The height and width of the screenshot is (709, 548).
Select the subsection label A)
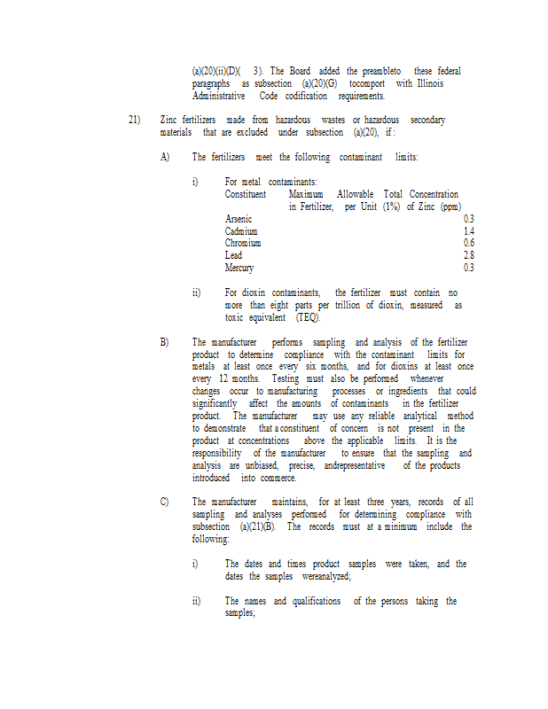point(165,157)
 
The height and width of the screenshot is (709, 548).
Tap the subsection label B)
point(165,342)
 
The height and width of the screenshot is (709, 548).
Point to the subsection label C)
point(165,503)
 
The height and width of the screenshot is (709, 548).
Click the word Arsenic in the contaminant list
point(239,219)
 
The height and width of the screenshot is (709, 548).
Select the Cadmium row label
point(241,231)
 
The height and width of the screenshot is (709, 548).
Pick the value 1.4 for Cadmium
point(468,231)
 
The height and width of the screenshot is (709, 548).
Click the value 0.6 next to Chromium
point(468,244)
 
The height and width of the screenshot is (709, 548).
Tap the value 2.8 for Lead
point(468,256)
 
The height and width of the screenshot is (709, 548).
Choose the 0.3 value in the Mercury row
point(468,269)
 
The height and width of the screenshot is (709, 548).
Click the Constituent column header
point(246,194)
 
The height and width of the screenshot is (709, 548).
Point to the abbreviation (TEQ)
point(309,317)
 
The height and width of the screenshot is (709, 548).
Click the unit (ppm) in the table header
point(448,206)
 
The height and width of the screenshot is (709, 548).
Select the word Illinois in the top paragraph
point(427,83)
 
